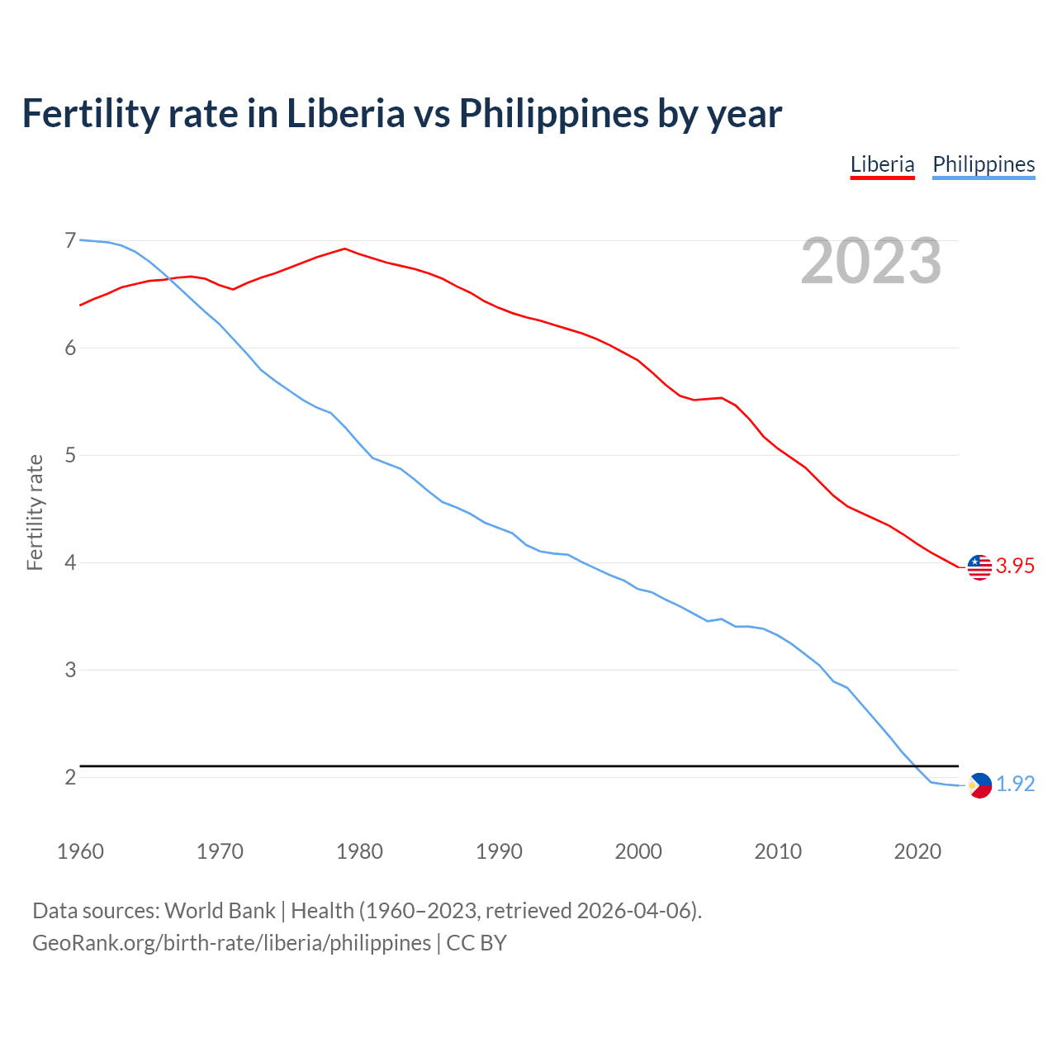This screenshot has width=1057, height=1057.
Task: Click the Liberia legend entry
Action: coord(882,164)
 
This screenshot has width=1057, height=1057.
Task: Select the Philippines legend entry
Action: coord(984,164)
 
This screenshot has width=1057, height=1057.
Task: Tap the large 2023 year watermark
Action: coord(870,261)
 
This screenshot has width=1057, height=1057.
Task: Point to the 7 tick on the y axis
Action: coord(70,240)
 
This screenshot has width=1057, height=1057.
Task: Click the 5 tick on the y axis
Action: coord(70,455)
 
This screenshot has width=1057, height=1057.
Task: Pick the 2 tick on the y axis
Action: coord(70,777)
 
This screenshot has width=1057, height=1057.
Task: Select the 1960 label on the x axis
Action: coord(80,851)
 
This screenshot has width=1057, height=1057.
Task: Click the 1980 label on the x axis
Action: coord(359,851)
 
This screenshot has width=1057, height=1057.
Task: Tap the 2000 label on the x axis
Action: coord(638,851)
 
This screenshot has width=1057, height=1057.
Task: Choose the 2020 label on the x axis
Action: coord(917,851)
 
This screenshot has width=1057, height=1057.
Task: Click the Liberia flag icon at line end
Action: coord(979,567)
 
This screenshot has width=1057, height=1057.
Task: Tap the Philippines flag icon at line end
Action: coord(979,785)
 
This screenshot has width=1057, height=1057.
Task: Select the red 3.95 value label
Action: coord(1015,566)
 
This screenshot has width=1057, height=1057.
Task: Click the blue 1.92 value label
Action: coord(1015,784)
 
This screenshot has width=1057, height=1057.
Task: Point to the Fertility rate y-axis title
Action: coord(35,512)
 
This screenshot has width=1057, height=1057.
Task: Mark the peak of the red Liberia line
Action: coord(344,248)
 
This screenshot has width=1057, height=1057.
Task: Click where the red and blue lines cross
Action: coord(170,278)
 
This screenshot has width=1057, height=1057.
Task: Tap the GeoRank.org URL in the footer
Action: coord(231,943)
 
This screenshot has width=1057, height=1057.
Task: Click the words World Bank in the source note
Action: coord(220,911)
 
